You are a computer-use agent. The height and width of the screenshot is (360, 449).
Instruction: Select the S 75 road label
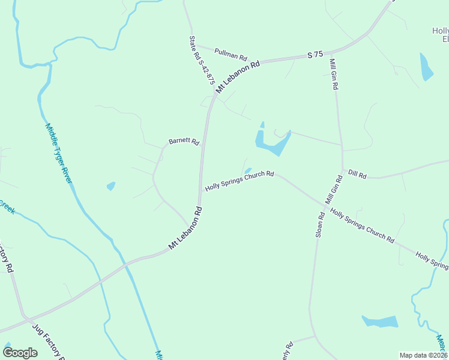coord(315,55)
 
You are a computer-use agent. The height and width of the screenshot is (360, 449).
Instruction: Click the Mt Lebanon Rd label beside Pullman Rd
coord(238,76)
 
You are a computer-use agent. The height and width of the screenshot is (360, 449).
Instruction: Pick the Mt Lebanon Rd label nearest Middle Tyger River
coord(185,229)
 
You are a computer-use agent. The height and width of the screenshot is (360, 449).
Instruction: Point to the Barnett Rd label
coord(183,142)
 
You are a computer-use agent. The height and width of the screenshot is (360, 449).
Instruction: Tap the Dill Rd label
coord(357,174)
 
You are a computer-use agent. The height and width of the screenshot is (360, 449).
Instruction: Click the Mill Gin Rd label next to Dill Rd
coord(334,188)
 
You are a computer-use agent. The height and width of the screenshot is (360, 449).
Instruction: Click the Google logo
coord(20,353)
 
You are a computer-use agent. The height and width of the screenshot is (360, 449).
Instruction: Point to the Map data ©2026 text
coord(423,355)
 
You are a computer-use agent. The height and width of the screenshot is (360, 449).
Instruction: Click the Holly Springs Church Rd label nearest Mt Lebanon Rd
coord(240,181)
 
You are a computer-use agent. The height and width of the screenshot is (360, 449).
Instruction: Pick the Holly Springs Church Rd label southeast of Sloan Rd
coord(362,226)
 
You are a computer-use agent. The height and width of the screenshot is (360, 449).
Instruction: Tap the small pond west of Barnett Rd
coord(111,186)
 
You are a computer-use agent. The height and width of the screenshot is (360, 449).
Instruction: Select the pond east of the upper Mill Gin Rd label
coord(426,67)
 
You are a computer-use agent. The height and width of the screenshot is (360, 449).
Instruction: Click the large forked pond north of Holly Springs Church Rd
coord(272,142)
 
